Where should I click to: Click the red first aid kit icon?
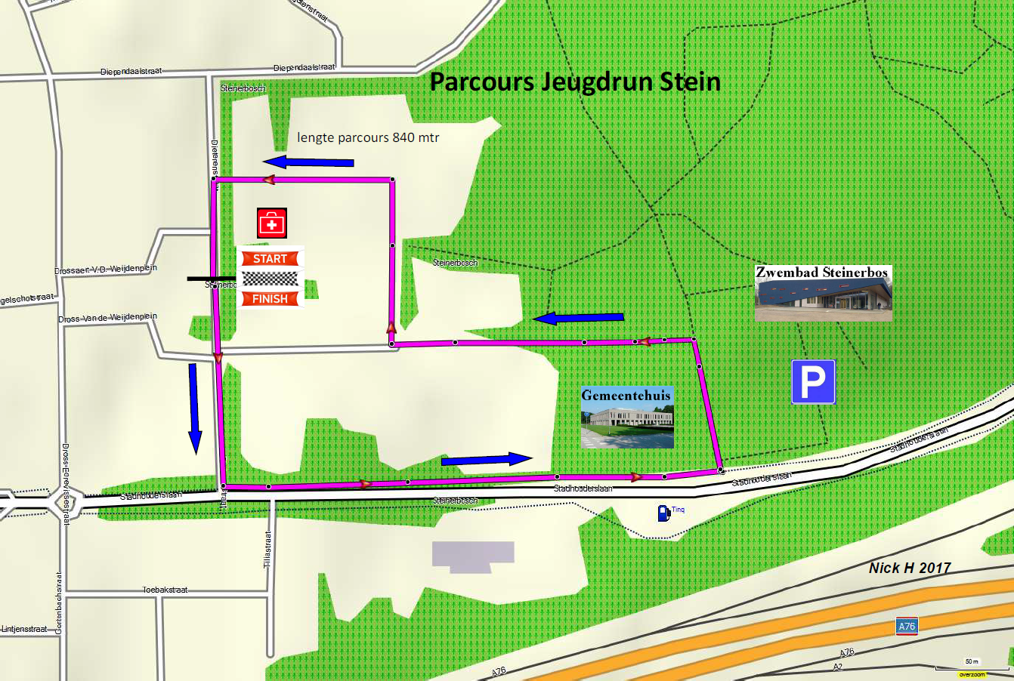point(272,223)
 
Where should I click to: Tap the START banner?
point(270,259)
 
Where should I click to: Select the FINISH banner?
point(270,299)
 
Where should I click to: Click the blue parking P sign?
point(813,381)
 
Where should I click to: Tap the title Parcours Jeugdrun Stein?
point(574,82)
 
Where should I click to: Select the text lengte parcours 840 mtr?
point(368,137)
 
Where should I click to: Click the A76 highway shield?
point(907,626)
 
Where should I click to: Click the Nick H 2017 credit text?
point(910,568)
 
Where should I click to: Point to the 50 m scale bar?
point(972,666)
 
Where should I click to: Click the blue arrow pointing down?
point(194,408)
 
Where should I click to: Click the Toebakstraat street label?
point(165,590)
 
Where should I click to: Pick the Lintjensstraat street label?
point(24,629)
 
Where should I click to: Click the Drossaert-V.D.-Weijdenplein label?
point(106,270)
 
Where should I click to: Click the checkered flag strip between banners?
point(270,279)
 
